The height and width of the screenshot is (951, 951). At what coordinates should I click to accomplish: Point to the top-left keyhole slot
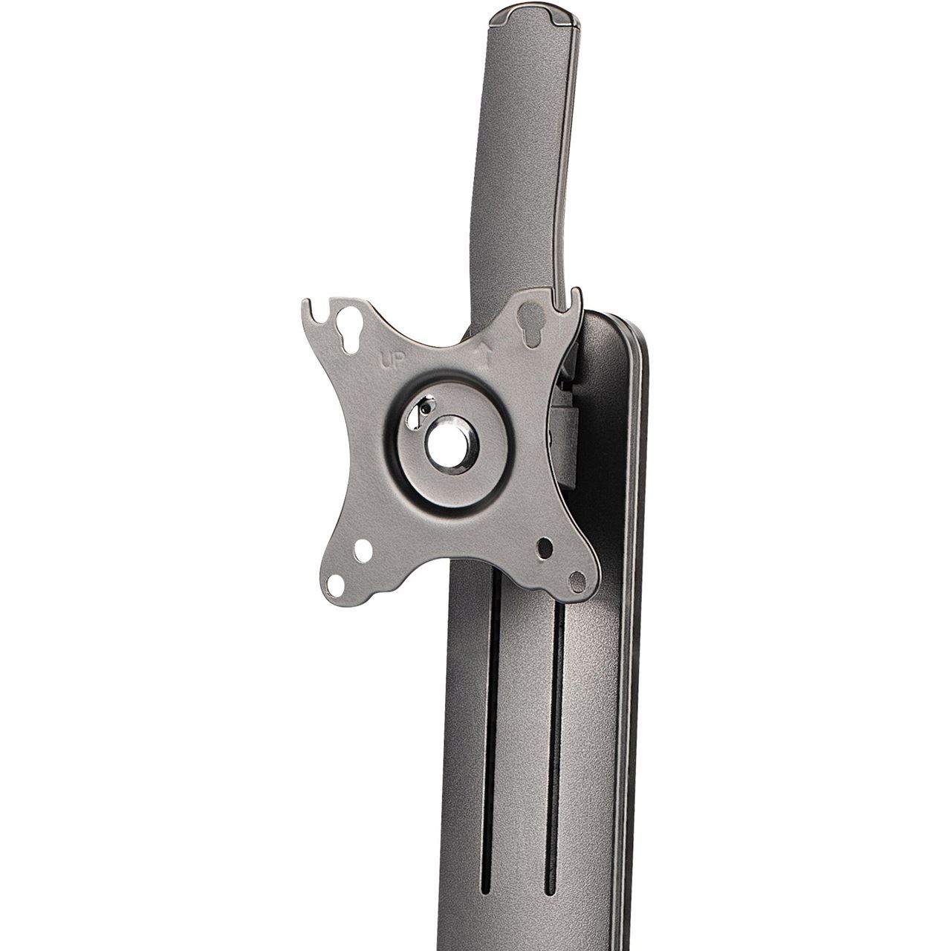(x=345, y=334)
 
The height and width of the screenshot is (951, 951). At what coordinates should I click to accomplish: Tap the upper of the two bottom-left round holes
(x=363, y=551)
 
